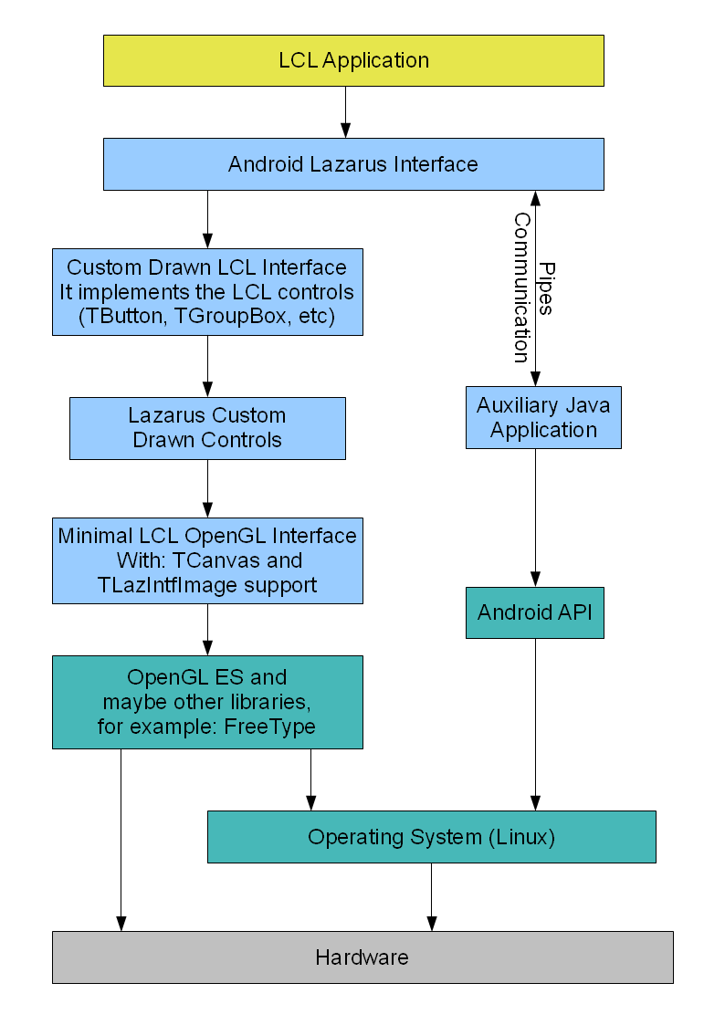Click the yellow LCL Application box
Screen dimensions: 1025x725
tap(353, 60)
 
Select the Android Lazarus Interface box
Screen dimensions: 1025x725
tap(353, 164)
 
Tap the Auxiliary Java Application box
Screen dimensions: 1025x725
tap(543, 417)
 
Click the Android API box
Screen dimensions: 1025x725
tap(534, 612)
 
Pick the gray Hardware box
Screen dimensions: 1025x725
tap(362, 957)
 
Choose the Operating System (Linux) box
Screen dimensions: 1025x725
tap(431, 837)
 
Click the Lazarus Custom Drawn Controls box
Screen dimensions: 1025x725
tap(207, 428)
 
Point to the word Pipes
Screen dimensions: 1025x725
tap(545, 288)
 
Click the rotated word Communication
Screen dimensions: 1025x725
tap(521, 288)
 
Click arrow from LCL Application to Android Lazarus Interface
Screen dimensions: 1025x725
tap(345, 111)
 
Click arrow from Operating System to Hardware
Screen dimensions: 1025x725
tap(432, 896)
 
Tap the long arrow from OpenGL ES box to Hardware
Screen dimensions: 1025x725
tap(121, 840)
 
